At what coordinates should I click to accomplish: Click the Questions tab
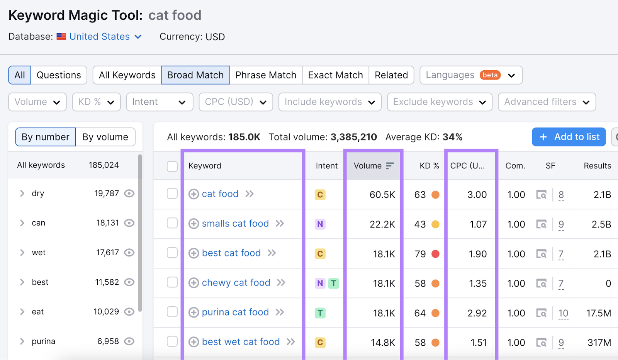click(x=59, y=75)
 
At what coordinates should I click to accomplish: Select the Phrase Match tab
click(x=266, y=75)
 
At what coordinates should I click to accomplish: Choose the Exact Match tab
click(x=335, y=75)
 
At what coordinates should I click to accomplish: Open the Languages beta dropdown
click(x=471, y=75)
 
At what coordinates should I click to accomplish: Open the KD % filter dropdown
click(x=96, y=102)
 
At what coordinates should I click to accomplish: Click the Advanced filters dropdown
click(x=547, y=102)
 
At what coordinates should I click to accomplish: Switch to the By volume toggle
click(x=105, y=137)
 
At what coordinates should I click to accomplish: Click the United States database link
click(x=100, y=37)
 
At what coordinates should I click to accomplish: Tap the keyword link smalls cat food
click(x=235, y=224)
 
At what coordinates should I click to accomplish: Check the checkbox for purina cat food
click(x=172, y=312)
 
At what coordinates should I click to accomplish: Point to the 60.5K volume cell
click(x=382, y=195)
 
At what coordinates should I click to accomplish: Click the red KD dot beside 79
click(x=435, y=254)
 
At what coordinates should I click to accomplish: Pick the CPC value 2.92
click(x=477, y=313)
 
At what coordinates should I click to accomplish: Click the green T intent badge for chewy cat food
click(x=333, y=283)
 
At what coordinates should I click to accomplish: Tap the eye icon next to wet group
click(x=129, y=253)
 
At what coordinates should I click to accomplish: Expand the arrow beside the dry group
click(x=22, y=194)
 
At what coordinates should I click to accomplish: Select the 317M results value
click(x=599, y=343)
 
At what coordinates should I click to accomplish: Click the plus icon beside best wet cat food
click(x=194, y=342)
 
